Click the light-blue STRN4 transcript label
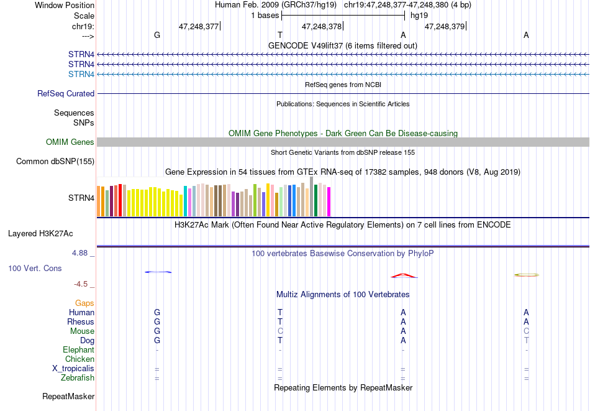[81, 74]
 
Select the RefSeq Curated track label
[66, 93]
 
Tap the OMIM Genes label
[70, 142]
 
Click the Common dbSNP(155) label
[55, 161]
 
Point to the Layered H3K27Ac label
[40, 234]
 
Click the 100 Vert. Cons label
[35, 268]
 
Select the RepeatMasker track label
[68, 396]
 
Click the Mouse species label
[82, 331]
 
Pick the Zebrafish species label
[78, 378]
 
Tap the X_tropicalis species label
[73, 369]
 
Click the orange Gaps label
[84, 303]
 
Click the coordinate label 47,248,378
[322, 26]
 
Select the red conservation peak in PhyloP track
[404, 275]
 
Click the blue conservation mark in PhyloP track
[158, 272]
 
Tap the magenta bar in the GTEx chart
[329, 202]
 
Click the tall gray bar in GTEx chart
[312, 196]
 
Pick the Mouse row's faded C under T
[280, 331]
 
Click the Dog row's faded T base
[527, 341]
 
